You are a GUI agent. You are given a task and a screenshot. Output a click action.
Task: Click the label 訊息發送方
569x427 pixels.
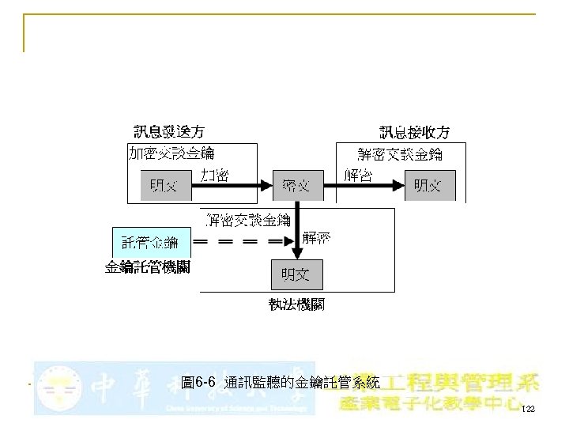click(168, 131)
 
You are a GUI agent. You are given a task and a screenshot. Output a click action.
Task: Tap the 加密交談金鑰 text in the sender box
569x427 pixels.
click(171, 152)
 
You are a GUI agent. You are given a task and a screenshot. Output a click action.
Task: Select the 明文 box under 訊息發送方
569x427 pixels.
click(165, 186)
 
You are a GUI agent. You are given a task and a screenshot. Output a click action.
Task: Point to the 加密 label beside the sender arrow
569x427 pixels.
click(215, 175)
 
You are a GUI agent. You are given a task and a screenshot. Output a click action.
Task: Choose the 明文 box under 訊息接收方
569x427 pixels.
click(428, 186)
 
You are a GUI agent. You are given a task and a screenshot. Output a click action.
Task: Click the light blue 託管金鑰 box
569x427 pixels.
click(150, 241)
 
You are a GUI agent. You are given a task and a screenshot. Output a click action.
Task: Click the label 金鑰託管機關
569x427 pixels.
click(148, 267)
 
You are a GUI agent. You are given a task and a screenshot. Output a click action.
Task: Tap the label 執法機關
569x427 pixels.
click(296, 304)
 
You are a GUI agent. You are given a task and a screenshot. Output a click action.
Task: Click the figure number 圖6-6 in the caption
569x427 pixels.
click(198, 383)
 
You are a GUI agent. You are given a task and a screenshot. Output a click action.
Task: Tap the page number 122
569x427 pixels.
click(528, 409)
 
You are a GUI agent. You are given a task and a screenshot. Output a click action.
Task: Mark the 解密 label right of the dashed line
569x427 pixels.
click(318, 237)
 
